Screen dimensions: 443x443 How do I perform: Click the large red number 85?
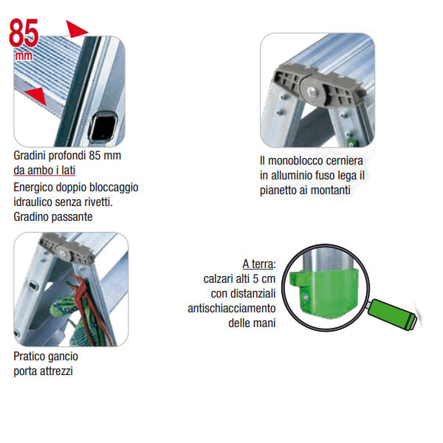coord(24,33)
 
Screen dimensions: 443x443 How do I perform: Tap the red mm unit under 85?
coord(24,55)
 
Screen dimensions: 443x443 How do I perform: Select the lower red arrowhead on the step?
coord(36,96)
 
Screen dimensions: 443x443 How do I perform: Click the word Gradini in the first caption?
coord(30,156)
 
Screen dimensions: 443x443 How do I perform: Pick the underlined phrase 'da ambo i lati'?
coord(44,171)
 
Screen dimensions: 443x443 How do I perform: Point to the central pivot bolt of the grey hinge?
coord(312,92)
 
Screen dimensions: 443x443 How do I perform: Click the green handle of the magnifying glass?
coord(393,314)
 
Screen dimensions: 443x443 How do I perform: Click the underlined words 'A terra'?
coord(258,264)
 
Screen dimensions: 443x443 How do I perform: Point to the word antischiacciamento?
coord(231,308)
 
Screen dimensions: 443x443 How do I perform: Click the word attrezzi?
coord(55,371)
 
